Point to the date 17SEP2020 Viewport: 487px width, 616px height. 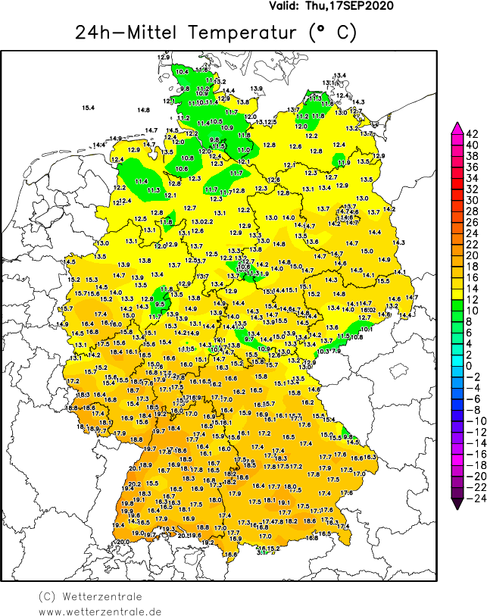pos(360,5)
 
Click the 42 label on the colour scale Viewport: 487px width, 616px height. pos(470,134)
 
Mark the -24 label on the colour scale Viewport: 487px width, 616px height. pos(473,498)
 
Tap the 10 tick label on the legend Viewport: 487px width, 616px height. pos(470,311)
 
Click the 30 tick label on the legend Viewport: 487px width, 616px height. pos(470,200)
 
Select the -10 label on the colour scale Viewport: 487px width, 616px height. pos(473,421)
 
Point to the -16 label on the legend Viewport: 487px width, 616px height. pos(473,454)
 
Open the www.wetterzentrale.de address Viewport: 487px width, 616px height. pos(100,611)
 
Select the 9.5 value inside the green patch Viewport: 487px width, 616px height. pos(160,304)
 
